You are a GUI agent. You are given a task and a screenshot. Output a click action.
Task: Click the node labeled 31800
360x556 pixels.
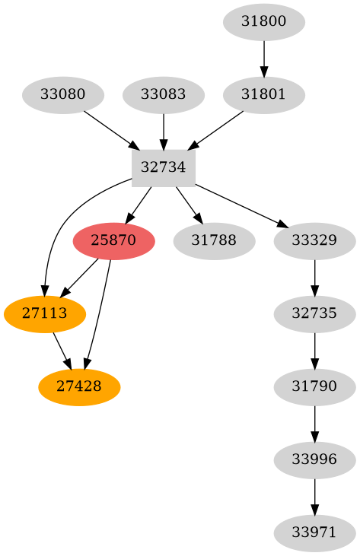tap(264, 22)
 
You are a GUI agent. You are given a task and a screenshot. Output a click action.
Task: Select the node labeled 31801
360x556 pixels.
tap(264, 95)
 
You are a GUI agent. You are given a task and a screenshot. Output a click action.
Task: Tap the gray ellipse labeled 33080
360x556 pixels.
tap(63, 95)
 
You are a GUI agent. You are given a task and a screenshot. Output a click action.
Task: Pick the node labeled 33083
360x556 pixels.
tap(164, 95)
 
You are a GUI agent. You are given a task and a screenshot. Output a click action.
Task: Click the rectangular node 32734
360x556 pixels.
tap(164, 168)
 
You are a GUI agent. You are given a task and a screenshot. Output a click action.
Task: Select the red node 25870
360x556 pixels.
tap(113, 241)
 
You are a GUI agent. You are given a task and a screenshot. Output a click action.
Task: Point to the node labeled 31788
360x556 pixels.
tap(214, 241)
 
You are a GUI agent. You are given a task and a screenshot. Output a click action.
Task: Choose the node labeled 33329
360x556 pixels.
tap(314, 241)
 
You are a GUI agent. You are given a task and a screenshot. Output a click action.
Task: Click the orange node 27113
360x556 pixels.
tap(45, 313)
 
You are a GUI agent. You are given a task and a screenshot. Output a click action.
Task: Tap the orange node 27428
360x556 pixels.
tap(79, 386)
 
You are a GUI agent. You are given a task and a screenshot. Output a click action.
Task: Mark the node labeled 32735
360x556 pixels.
tap(314, 313)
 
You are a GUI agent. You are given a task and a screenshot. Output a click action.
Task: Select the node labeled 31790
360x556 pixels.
tap(314, 386)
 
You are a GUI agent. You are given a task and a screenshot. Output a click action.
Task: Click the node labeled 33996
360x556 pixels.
tap(314, 459)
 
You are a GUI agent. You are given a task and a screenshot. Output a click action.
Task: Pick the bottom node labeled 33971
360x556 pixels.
tap(314, 532)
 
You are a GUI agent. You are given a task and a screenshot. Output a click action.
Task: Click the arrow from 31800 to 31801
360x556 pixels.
tap(264, 58)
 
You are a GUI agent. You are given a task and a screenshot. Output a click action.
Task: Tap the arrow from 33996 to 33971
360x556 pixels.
tap(314, 495)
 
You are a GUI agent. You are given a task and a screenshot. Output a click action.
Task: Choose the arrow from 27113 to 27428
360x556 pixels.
tap(62, 350)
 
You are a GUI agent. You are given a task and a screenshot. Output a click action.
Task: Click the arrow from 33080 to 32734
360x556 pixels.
tap(111, 130)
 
